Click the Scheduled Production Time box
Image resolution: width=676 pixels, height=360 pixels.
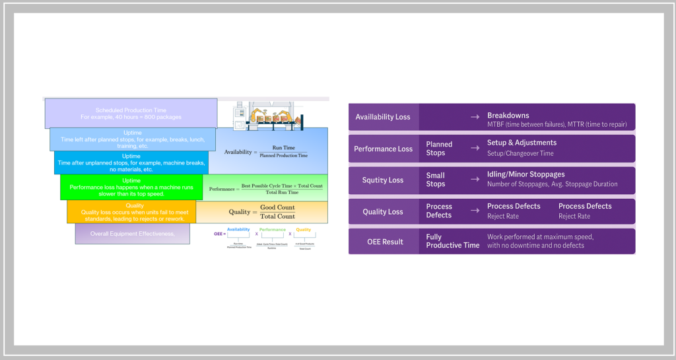[131, 114]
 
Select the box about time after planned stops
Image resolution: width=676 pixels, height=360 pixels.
[132, 139]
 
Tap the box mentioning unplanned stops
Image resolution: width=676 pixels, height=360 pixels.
[131, 162]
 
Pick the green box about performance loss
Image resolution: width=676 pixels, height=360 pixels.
[131, 187]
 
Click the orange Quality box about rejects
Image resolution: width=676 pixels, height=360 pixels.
[131, 212]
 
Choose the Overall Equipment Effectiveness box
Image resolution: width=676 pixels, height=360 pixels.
[132, 234]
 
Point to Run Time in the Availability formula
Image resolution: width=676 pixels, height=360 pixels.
[284, 148]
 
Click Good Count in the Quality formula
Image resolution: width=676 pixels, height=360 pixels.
[277, 207]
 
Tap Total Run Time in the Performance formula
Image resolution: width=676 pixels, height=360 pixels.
[282, 192]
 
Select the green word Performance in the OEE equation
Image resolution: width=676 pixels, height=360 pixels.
[273, 229]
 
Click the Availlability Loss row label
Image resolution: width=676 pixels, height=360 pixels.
[383, 117]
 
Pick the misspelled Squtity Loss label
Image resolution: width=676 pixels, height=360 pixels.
[383, 180]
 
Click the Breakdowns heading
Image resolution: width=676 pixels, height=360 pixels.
[508, 116]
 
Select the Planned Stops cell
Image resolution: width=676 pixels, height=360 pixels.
[439, 149]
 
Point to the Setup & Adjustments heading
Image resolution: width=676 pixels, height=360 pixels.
[522, 143]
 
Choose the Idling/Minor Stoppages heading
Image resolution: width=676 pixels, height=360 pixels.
[525, 174]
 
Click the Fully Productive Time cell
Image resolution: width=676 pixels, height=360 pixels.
[452, 241]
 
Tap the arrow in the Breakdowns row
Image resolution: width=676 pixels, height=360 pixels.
[475, 117]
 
